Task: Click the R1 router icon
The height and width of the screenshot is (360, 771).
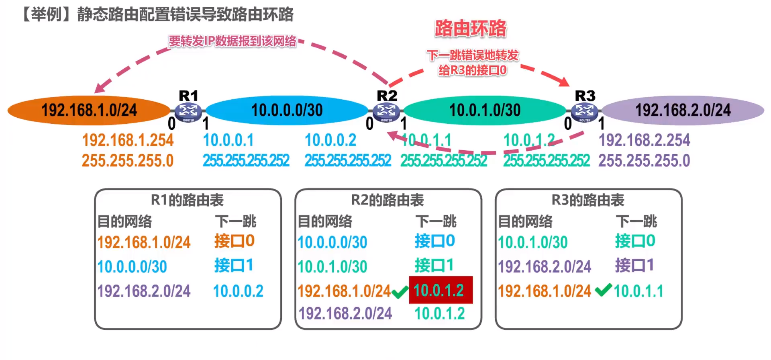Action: click(188, 111)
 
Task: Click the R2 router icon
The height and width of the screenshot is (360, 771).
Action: click(386, 111)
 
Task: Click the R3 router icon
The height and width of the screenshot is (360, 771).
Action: click(585, 111)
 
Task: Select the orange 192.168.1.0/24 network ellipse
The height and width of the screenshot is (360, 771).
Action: click(89, 110)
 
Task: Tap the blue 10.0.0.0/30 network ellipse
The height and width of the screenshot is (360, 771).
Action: click(287, 110)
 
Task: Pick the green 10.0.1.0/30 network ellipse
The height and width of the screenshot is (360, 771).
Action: click(485, 110)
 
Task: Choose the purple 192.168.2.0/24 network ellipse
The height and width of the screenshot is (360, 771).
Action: click(683, 110)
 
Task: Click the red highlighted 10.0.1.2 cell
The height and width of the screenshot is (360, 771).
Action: click(441, 290)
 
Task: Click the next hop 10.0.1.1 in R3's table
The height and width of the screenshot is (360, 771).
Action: click(638, 291)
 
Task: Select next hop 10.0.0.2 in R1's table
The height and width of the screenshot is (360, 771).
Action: click(238, 291)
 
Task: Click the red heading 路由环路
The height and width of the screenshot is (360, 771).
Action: click(471, 29)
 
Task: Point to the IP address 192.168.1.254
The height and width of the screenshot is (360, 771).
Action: click(128, 140)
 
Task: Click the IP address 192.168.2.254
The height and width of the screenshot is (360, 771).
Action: click(644, 140)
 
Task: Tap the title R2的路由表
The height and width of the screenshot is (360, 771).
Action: click(388, 200)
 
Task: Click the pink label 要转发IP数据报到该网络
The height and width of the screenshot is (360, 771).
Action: click(233, 41)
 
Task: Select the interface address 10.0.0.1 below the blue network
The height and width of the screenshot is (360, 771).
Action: click(228, 140)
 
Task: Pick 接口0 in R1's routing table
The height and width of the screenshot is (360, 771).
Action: click(235, 241)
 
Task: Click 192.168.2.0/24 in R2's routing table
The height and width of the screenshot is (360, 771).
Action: click(345, 313)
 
